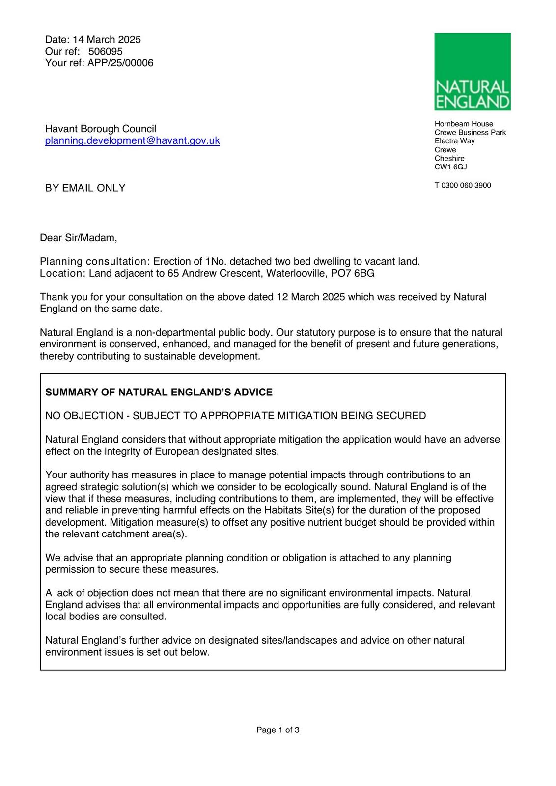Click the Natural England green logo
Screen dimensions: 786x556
[472, 72]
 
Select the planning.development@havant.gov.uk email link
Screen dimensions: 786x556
[132, 141]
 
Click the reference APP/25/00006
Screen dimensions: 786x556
[120, 63]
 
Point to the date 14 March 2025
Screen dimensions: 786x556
[107, 40]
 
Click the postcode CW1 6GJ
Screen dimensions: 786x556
[450, 167]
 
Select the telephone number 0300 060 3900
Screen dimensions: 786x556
[466, 186]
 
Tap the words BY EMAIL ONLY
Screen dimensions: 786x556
[85, 188]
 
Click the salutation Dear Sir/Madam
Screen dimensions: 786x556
[79, 238]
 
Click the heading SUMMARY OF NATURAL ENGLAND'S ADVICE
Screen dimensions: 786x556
[159, 393]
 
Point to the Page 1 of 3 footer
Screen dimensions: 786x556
[278, 730]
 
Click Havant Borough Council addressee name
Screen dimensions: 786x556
[101, 129]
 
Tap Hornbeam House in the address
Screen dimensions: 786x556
[464, 124]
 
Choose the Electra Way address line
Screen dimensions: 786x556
[454, 141]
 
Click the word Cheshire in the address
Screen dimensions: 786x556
[449, 159]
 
